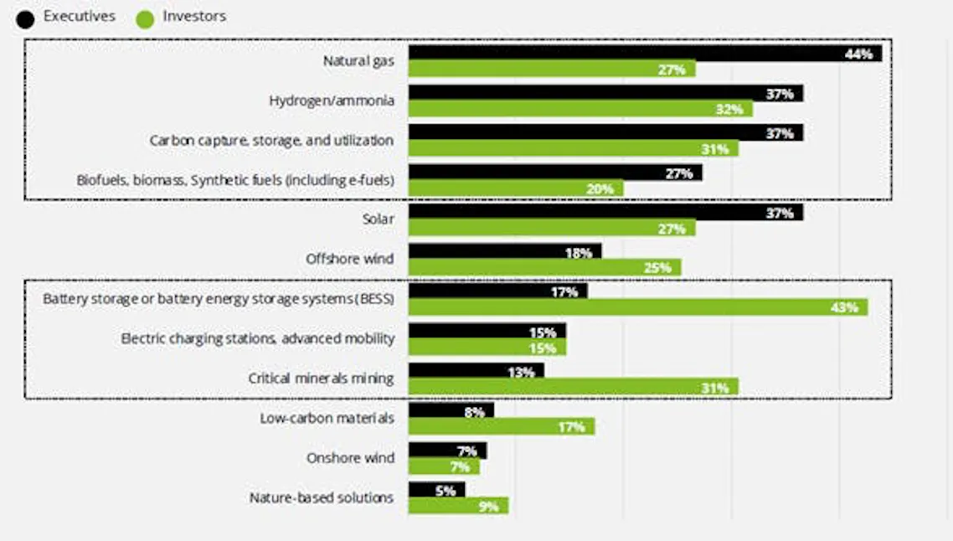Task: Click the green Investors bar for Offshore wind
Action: click(x=544, y=267)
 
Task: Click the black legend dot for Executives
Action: click(x=25, y=18)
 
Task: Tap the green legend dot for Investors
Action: click(x=144, y=18)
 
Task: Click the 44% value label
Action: click(x=859, y=54)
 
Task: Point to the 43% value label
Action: click(x=845, y=307)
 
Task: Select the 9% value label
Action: click(x=488, y=506)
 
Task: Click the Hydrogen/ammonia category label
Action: click(x=332, y=100)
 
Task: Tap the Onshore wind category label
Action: click(x=350, y=458)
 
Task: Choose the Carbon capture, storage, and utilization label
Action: click(x=271, y=140)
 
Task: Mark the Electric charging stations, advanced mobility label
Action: click(x=257, y=338)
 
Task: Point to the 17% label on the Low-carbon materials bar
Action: click(x=571, y=426)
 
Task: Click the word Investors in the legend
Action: click(x=193, y=16)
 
